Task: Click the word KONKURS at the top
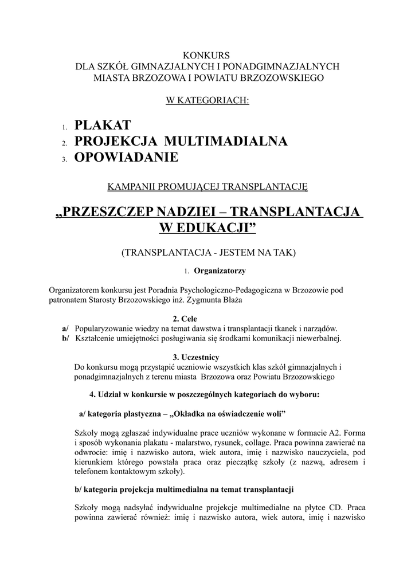(207, 56)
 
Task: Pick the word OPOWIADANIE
(127, 157)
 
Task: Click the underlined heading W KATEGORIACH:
(207, 101)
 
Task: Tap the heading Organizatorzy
(221, 270)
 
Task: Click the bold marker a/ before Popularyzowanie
(65, 328)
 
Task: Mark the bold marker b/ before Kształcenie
(65, 338)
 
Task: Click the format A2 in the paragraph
(336, 433)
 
